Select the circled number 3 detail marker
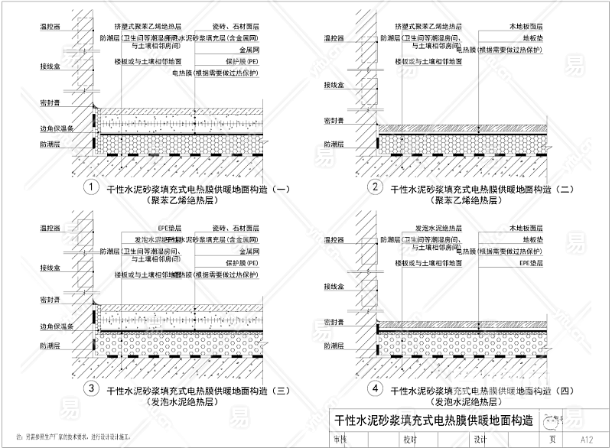pyautogui.click(x=91, y=389)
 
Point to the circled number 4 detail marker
pyautogui.click(x=376, y=389)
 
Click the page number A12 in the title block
pyautogui.click(x=588, y=440)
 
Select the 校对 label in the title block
pyautogui.click(x=410, y=440)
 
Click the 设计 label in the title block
pyautogui.click(x=480, y=440)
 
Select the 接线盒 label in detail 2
pyautogui.click(x=334, y=83)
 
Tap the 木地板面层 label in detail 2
pyautogui.click(x=526, y=26)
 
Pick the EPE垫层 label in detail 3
pyautogui.click(x=167, y=228)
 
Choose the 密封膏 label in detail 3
pyautogui.click(x=51, y=300)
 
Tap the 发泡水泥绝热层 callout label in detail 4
pyautogui.click(x=438, y=228)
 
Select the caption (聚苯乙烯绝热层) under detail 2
pyautogui.click(x=466, y=200)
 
